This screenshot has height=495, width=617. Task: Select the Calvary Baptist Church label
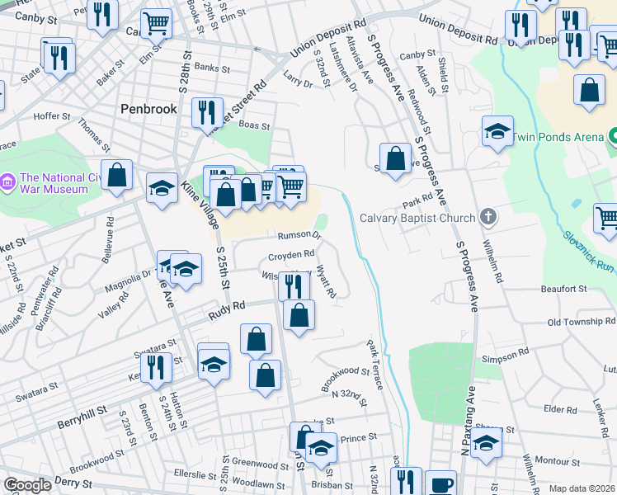point(417,218)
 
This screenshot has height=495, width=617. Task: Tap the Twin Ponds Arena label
point(560,135)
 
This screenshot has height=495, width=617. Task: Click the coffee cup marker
point(440,483)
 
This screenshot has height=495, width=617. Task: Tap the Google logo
point(27,485)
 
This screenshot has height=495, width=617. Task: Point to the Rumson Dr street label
point(299,236)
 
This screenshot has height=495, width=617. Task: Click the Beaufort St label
point(563,290)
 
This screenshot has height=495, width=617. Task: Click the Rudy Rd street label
point(228,306)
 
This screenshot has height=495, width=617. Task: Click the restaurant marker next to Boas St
point(207,112)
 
